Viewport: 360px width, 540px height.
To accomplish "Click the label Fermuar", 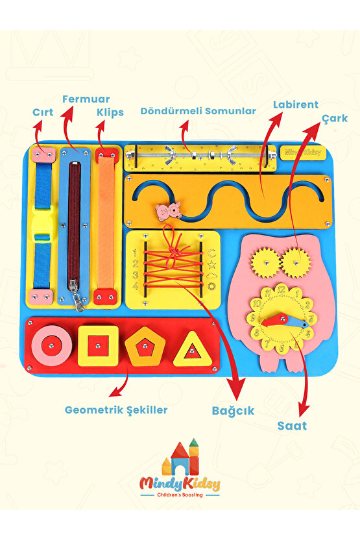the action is [x=86, y=99].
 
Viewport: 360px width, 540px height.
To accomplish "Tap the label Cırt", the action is [x=43, y=112].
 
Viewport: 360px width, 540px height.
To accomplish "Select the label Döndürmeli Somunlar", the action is [x=198, y=111].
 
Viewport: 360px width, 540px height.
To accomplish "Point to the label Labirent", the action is [x=296, y=104].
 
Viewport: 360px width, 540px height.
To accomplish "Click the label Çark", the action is [x=335, y=119].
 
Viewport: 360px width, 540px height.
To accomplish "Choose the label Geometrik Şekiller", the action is [x=116, y=410].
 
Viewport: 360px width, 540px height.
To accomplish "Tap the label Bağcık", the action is [x=233, y=411].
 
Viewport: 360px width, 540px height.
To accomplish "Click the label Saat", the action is [x=292, y=426].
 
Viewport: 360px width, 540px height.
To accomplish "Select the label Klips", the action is [x=110, y=112].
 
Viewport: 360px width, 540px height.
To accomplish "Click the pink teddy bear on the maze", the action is [x=169, y=211].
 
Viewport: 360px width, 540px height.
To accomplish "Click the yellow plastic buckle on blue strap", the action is [x=42, y=224].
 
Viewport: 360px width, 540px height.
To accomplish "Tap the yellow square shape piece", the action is [x=98, y=345].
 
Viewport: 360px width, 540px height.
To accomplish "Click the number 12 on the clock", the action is [x=281, y=289].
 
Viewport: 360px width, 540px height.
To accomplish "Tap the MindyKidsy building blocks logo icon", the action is [x=180, y=457].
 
